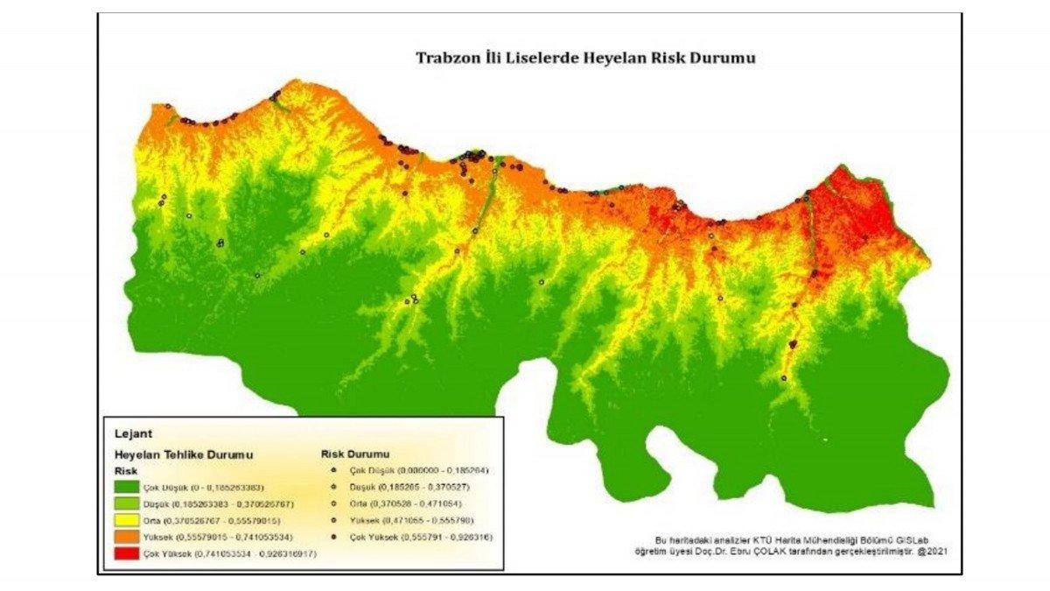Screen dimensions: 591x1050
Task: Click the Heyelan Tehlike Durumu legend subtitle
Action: (x=184, y=455)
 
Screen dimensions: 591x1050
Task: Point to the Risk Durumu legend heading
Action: (x=355, y=454)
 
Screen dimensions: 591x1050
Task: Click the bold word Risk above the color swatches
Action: (x=128, y=471)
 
